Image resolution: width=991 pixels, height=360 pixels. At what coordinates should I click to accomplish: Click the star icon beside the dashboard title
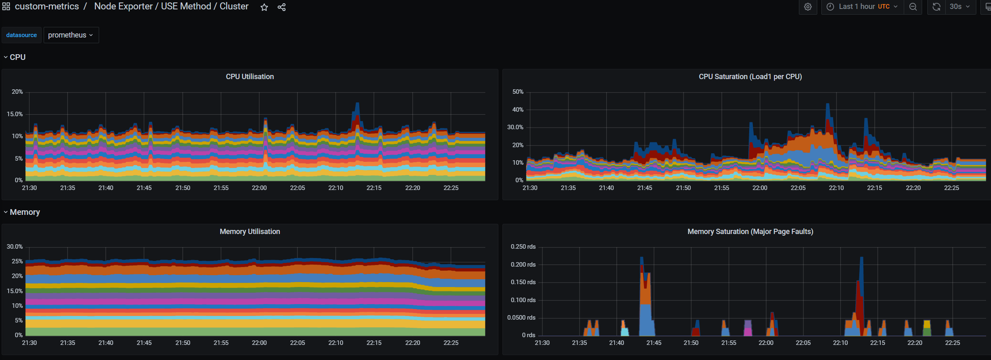coord(264,7)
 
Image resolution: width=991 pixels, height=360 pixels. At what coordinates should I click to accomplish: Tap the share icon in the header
coord(281,7)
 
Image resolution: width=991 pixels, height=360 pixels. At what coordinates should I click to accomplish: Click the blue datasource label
coord(22,35)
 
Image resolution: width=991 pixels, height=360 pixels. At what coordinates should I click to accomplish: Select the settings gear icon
coord(807,7)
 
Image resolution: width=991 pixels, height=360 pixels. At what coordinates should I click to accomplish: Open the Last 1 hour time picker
coord(862,7)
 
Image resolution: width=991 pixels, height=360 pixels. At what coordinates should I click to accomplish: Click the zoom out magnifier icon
coord(913,7)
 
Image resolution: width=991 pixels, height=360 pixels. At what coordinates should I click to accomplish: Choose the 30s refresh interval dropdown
coord(959,7)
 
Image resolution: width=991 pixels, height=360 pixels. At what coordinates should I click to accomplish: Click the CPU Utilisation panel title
coord(250,77)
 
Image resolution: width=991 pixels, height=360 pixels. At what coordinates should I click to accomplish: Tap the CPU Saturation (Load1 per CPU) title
coord(750,77)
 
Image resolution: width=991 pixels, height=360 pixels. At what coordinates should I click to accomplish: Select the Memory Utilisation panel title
coord(250,232)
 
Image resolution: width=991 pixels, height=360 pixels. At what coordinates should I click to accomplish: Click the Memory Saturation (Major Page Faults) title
coord(750,232)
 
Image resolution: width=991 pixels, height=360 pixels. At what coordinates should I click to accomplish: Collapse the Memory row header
coord(24,212)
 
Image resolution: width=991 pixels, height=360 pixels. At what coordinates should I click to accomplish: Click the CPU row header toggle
coord(17,57)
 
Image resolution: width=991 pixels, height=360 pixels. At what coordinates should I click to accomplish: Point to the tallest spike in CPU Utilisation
coord(357,104)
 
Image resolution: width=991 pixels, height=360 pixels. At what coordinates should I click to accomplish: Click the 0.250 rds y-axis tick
coord(523,247)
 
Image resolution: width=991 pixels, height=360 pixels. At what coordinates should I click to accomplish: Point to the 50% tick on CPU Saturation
coord(518,92)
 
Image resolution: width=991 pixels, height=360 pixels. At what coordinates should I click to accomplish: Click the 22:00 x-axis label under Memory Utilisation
coord(259,343)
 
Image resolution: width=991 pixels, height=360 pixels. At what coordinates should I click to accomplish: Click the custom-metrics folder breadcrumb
coord(46,7)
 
